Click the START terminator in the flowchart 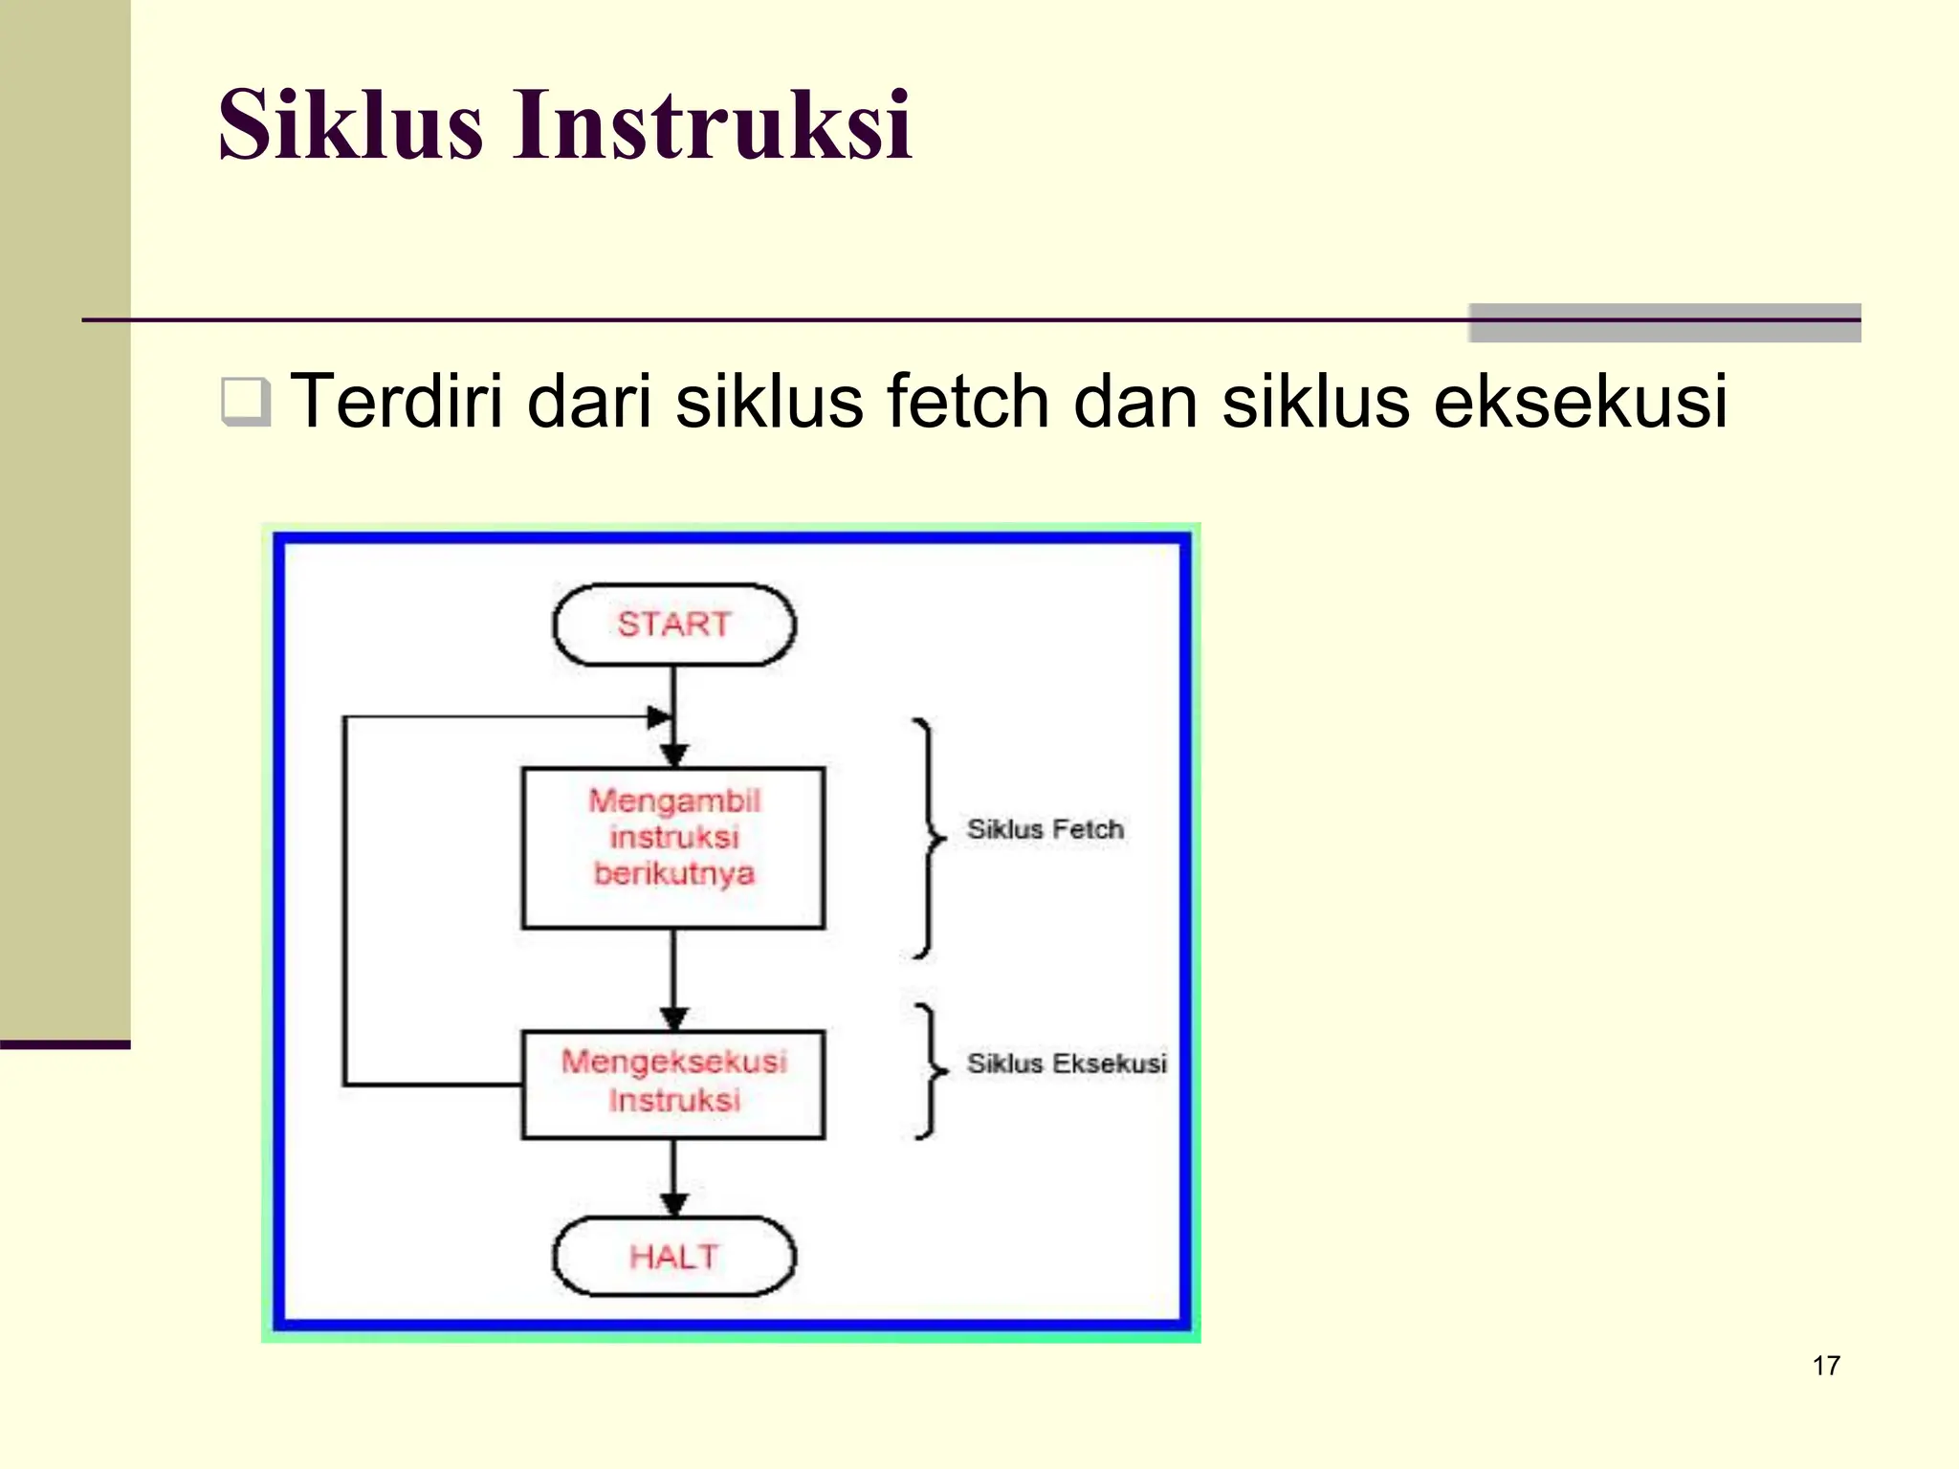(673, 625)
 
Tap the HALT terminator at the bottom (673, 1256)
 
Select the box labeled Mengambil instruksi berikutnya (673, 847)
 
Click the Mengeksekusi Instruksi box (673, 1084)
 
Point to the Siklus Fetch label (1045, 829)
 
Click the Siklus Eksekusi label (1066, 1063)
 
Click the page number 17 (1825, 1366)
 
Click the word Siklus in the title (350, 125)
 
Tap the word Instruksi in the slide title (713, 125)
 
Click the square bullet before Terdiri (245, 402)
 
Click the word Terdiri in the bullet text (396, 402)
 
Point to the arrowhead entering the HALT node (673, 1205)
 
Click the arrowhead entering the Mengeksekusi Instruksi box (673, 1019)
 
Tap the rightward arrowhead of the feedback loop (659, 716)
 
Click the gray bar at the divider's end (1664, 323)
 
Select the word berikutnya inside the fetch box (673, 873)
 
